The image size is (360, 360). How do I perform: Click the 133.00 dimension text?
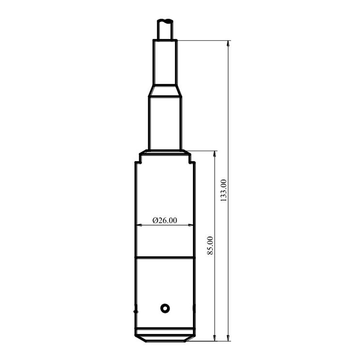click(223, 191)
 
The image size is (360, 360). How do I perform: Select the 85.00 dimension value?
click(210, 246)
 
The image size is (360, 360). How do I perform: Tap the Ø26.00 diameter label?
click(165, 220)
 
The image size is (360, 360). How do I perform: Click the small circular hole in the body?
click(165, 307)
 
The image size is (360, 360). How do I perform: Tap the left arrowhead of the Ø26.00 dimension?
click(138, 225)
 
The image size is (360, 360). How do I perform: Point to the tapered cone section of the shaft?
click(165, 92)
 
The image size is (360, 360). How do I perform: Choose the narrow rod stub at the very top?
click(165, 29)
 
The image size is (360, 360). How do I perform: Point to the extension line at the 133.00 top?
click(202, 40)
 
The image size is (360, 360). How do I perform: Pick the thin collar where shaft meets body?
click(165, 153)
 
